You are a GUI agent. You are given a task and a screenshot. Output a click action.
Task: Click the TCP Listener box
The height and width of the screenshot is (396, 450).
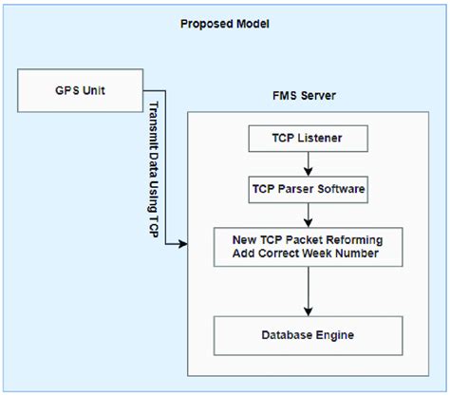click(308, 140)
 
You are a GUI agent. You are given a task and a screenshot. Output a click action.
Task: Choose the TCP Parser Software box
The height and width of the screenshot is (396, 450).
click(308, 189)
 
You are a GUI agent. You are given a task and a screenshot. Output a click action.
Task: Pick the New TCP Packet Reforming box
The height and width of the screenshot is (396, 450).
click(308, 247)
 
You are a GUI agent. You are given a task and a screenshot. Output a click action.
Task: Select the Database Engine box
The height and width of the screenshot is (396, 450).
click(308, 335)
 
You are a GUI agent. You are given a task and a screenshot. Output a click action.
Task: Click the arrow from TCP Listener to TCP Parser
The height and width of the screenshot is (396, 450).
click(308, 163)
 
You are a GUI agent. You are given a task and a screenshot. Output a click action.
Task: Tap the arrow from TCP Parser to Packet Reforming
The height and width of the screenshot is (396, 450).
click(308, 215)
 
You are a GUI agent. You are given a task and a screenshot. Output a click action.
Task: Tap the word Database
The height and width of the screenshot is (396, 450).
click(290, 335)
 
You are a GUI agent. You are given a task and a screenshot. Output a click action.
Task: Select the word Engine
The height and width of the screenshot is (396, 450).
click(336, 335)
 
